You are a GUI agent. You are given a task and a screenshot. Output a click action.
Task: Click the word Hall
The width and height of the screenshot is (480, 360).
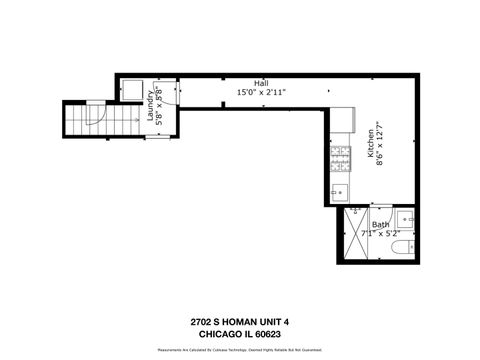tap(261, 83)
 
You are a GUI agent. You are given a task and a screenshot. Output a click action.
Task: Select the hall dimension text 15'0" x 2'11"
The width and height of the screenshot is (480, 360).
tap(261, 92)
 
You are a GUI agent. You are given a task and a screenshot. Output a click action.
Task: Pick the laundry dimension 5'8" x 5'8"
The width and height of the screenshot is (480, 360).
tap(159, 108)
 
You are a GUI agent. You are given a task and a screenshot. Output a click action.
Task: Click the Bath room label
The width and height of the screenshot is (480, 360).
tap(380, 225)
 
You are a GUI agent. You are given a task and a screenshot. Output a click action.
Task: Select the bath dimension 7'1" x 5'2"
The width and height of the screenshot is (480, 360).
tap(380, 233)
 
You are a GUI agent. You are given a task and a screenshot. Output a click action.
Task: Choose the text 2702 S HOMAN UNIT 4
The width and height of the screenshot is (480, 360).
tap(239, 322)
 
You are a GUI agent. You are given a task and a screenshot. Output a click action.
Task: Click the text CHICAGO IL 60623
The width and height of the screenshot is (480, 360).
tap(239, 334)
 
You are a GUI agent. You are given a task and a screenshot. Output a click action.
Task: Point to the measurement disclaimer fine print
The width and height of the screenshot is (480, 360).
tap(239, 351)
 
